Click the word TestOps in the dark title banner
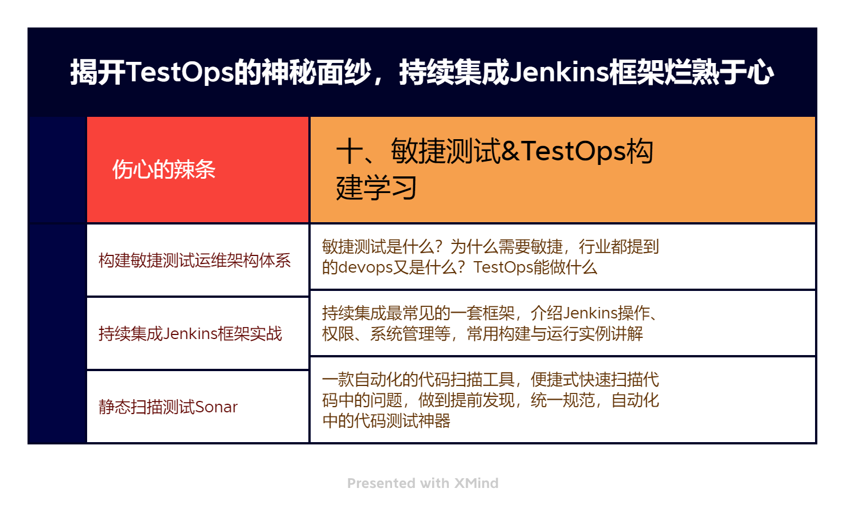179,73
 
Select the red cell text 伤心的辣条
164,169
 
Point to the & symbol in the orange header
510,151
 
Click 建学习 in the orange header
376,188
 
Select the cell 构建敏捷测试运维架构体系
194,261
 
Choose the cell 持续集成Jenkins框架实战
190,333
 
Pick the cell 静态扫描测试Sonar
168,407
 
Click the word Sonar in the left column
216,407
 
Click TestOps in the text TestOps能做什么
503,267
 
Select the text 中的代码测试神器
386,421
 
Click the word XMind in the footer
476,483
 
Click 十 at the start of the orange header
350,151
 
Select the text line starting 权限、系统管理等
483,334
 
